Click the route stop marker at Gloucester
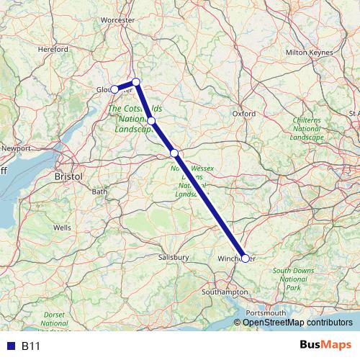tap(114, 89)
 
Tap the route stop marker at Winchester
tap(246, 258)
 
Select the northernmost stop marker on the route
tap(135, 81)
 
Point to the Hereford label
tap(53, 49)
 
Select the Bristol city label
tap(69, 176)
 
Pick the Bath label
tap(99, 192)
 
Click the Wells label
tap(63, 227)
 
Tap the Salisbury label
tap(174, 256)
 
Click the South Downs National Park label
tap(292, 279)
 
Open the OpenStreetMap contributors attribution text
tap(297, 322)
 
